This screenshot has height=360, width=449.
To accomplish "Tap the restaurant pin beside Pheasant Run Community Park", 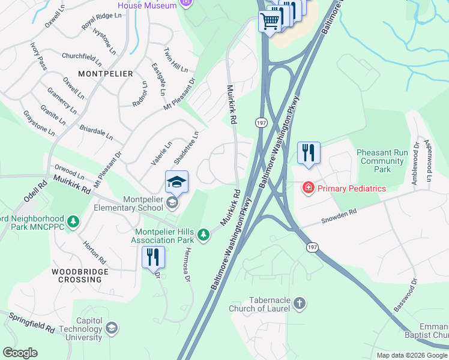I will click(x=309, y=152).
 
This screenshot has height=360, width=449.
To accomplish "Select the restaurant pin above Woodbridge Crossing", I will click(x=152, y=257).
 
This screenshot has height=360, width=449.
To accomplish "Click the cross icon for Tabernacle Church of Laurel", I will click(x=300, y=304).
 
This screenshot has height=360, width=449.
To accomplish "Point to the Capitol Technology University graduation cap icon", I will click(x=111, y=328).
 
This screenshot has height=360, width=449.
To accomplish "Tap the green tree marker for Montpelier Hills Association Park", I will click(x=204, y=235).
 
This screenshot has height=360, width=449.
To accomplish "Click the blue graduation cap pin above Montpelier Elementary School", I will click(x=177, y=182).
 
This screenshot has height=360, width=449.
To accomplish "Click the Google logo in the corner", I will click(x=20, y=353).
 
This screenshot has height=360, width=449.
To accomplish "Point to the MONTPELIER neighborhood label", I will click(x=105, y=73).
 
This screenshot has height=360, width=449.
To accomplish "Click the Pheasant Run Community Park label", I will click(x=382, y=161).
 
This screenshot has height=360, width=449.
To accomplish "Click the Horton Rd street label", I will click(x=95, y=252).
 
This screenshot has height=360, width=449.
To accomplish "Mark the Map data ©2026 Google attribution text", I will click(x=412, y=355).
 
